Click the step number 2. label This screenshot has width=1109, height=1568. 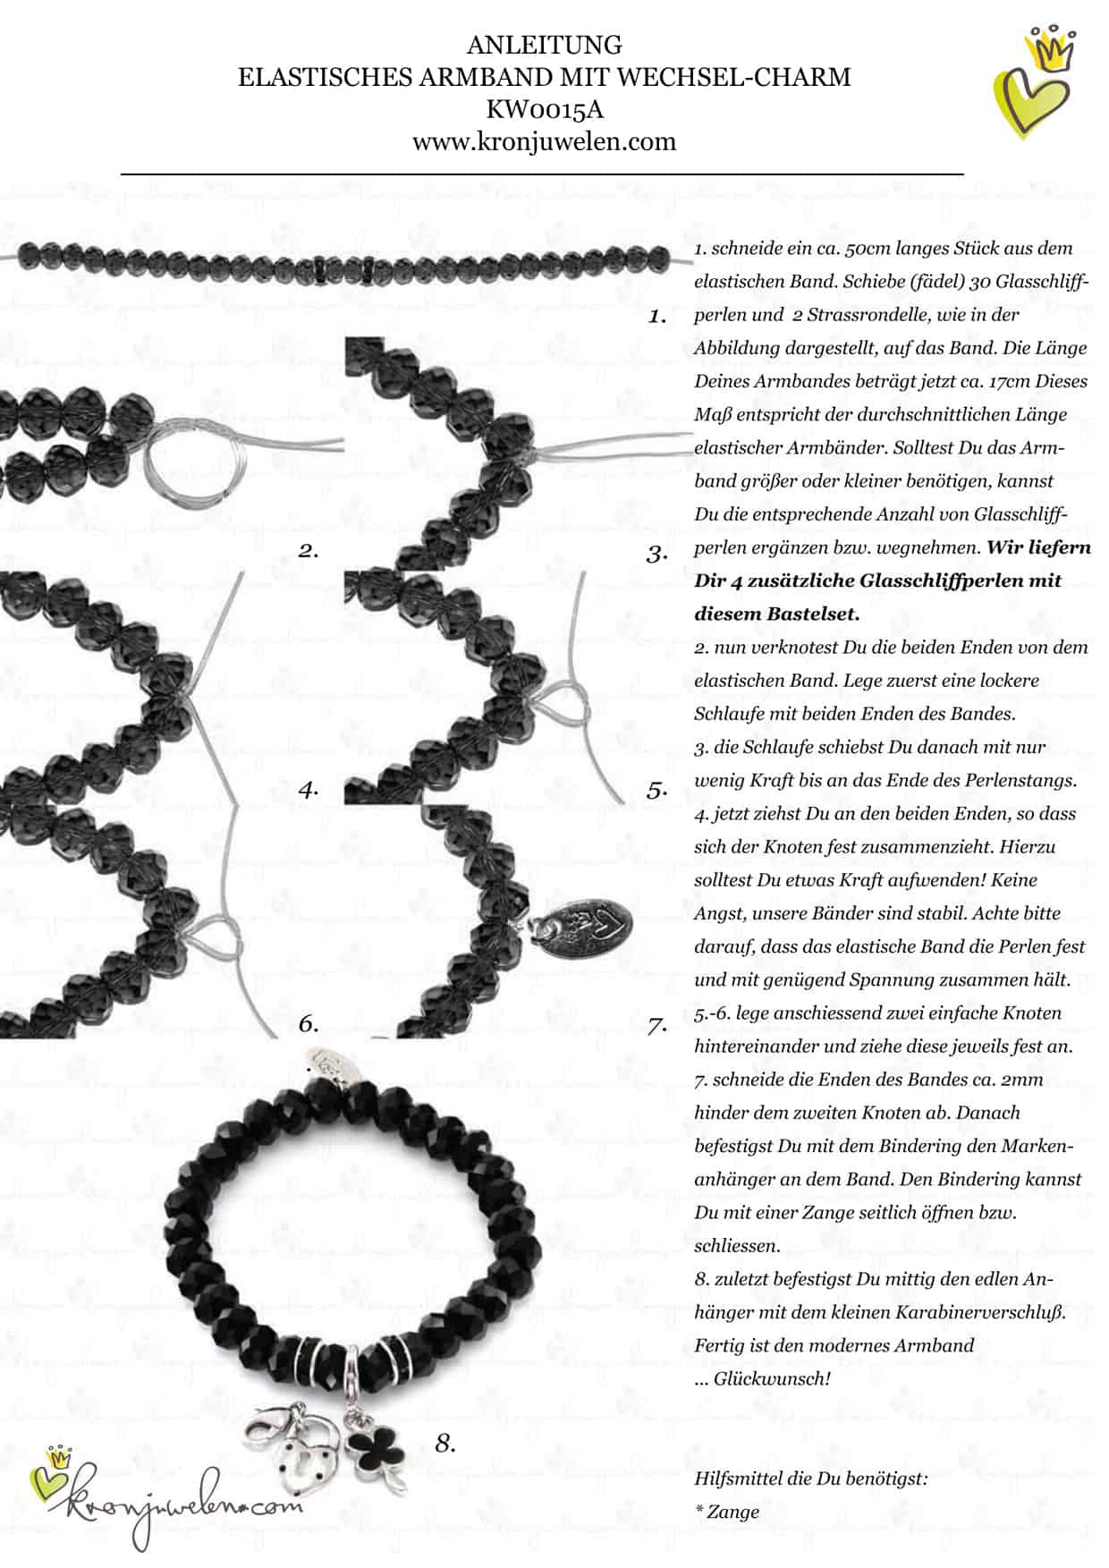pos(309,551)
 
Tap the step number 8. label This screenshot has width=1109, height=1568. pos(445,1443)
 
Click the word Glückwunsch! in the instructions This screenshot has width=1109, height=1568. pos(773,1378)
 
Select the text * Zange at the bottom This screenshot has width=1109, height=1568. pos(726,1512)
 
